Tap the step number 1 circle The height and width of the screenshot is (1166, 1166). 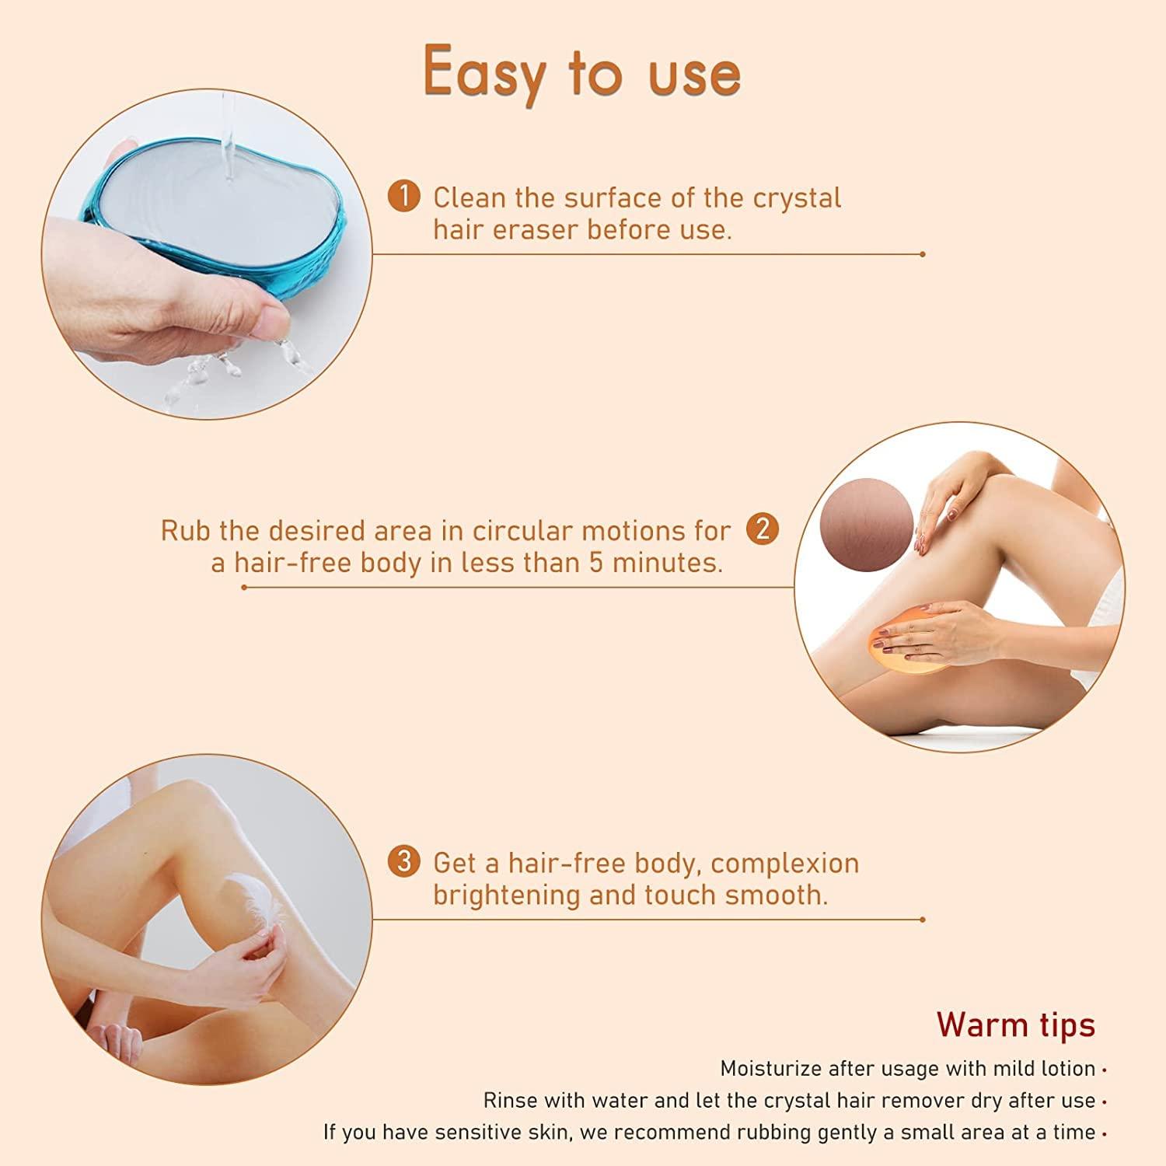point(403,197)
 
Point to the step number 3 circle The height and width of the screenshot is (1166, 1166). point(403,862)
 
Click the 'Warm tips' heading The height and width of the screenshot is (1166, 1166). point(1015,1024)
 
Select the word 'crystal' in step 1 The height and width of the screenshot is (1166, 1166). point(797,197)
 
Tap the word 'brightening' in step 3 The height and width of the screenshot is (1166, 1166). point(508,895)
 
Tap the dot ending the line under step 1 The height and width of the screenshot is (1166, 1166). point(922,254)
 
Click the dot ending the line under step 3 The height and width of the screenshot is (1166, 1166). point(922,920)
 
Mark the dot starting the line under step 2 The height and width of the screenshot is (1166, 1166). point(244,587)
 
